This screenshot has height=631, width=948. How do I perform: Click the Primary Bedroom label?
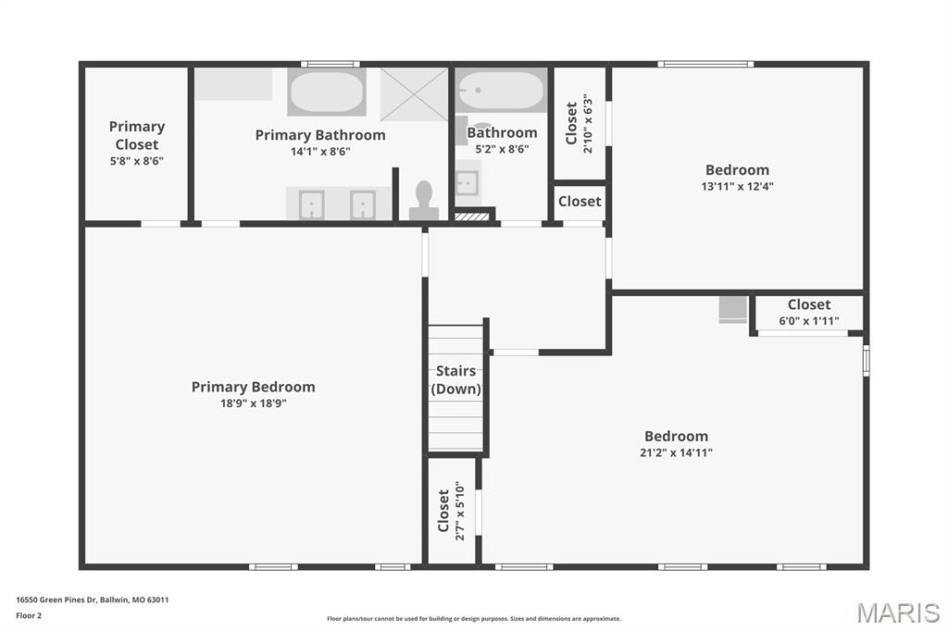tap(254, 387)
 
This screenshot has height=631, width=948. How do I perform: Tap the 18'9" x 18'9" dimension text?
tap(254, 403)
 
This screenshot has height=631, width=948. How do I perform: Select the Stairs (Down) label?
tap(455, 379)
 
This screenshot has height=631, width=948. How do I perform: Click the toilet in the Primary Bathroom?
tap(424, 201)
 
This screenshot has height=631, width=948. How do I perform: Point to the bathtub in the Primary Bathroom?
tap(327, 92)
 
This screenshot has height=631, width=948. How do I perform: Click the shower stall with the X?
tap(414, 94)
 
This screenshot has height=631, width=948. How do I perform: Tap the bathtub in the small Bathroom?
tap(501, 90)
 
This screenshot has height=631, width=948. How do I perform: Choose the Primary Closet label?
tap(137, 135)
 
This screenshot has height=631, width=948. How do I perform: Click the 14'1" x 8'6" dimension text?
tap(320, 151)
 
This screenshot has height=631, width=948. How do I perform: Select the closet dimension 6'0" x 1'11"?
tap(809, 321)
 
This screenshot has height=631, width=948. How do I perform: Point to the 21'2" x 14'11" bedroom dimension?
tap(676, 452)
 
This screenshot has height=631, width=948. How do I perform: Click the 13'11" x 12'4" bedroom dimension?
tap(737, 186)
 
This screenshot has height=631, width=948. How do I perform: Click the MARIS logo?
tap(898, 612)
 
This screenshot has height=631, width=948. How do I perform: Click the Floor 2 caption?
tap(29, 616)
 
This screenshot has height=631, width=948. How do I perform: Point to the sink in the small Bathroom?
tap(468, 183)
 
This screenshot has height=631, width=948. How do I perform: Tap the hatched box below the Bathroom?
tap(471, 217)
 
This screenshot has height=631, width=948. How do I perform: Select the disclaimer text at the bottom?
tap(474, 619)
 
